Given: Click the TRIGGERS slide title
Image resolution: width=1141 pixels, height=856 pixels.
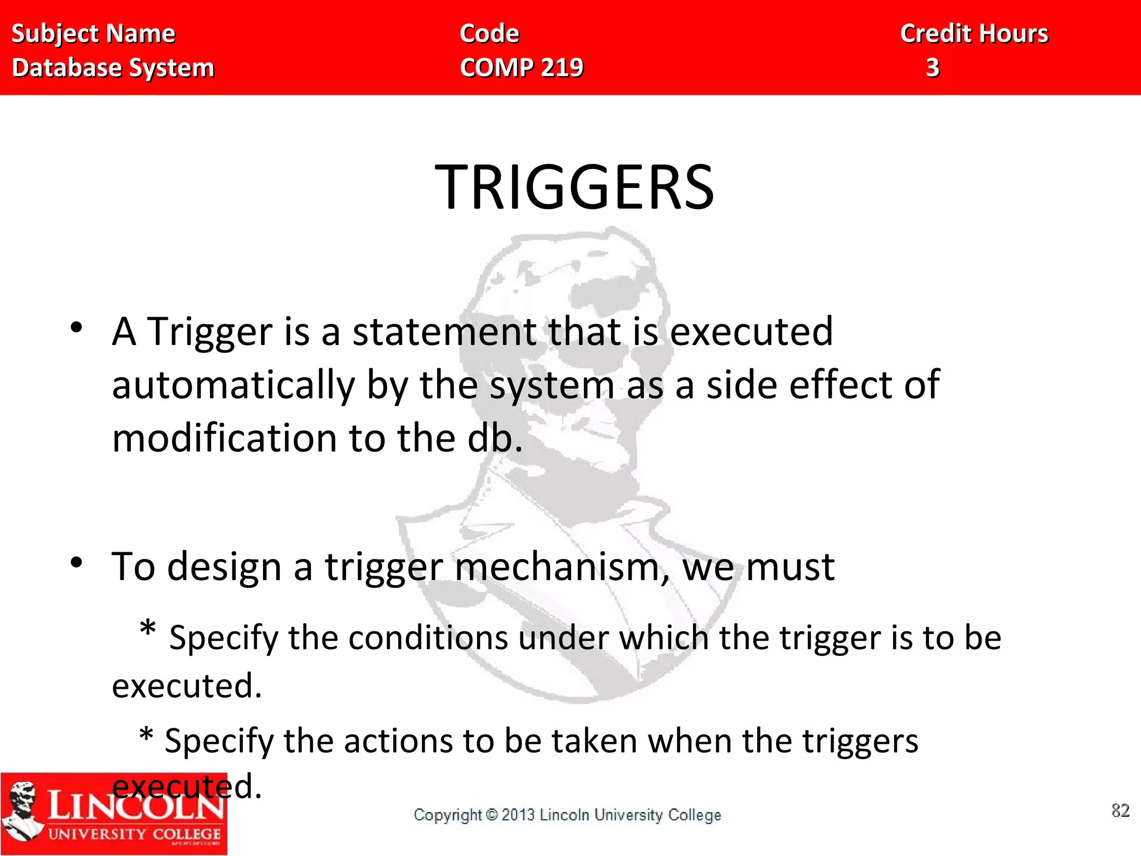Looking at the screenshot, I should click(574, 187).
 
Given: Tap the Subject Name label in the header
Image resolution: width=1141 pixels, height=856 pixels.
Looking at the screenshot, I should click(93, 33).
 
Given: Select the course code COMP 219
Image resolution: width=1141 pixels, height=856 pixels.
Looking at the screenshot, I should click(521, 67).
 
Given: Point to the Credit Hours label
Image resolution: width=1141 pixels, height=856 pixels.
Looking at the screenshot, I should click(974, 33).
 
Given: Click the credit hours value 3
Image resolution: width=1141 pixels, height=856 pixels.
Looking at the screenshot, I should click(933, 67).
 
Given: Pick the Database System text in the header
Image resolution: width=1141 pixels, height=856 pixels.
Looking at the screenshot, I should click(113, 67).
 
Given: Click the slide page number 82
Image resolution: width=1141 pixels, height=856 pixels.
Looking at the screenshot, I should click(1120, 810).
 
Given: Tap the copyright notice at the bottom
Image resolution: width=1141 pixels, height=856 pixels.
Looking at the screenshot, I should click(567, 815).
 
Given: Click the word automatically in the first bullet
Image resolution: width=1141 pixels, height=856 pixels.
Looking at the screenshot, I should click(233, 386).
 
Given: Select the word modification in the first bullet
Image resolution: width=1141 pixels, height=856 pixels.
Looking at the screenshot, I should click(225, 438).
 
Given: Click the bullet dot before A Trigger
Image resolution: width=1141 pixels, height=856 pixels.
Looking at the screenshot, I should click(76, 328).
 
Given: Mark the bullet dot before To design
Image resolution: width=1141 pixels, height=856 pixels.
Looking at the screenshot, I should click(76, 563).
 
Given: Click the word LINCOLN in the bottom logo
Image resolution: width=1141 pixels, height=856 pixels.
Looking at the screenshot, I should click(135, 806).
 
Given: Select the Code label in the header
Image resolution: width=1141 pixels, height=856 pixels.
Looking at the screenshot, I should click(489, 33).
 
